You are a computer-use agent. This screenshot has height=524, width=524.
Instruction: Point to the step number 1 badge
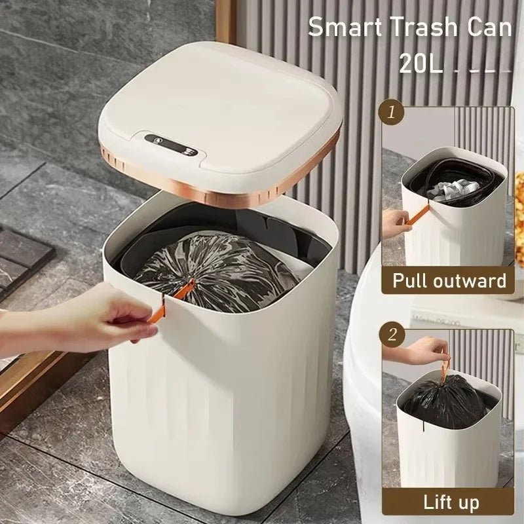tap(392, 112)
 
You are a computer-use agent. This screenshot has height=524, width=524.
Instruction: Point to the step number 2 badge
tap(392, 335)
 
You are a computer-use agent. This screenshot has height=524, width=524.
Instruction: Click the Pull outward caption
tap(449, 281)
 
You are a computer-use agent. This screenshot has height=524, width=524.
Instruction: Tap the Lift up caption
tap(451, 502)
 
